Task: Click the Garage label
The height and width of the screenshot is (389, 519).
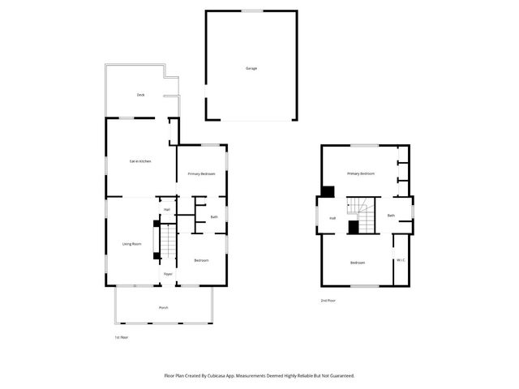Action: pyautogui.click(x=251, y=68)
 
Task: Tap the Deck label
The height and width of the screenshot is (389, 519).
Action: pyautogui.click(x=140, y=96)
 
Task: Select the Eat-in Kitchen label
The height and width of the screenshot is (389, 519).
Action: pyautogui.click(x=140, y=161)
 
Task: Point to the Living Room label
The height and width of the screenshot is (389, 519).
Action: pyautogui.click(x=131, y=244)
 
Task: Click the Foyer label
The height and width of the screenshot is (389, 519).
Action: pyautogui.click(x=168, y=274)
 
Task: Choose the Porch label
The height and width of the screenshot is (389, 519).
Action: pyautogui.click(x=163, y=308)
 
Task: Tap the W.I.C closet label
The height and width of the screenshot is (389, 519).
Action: pyautogui.click(x=400, y=260)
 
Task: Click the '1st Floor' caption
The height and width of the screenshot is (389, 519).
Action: pyautogui.click(x=121, y=336)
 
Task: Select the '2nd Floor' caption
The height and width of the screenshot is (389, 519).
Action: pyautogui.click(x=328, y=301)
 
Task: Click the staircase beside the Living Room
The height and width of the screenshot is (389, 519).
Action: pyautogui.click(x=167, y=240)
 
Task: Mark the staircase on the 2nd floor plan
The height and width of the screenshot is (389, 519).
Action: pyautogui.click(x=363, y=215)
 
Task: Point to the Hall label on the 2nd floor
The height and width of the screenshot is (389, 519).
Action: pyautogui.click(x=332, y=218)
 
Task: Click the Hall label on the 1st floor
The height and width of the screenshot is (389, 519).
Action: pyautogui.click(x=166, y=210)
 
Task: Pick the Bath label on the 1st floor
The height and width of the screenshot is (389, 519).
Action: pyautogui.click(x=214, y=217)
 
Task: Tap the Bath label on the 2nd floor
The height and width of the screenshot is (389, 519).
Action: pyautogui.click(x=391, y=216)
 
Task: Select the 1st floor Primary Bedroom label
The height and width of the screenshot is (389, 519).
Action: pyautogui.click(x=201, y=174)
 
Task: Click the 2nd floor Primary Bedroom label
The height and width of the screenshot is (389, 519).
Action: pyautogui.click(x=361, y=173)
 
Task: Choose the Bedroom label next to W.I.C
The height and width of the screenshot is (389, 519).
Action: pyautogui.click(x=357, y=263)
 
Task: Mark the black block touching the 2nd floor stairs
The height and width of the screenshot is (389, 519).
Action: pyautogui.click(x=354, y=228)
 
